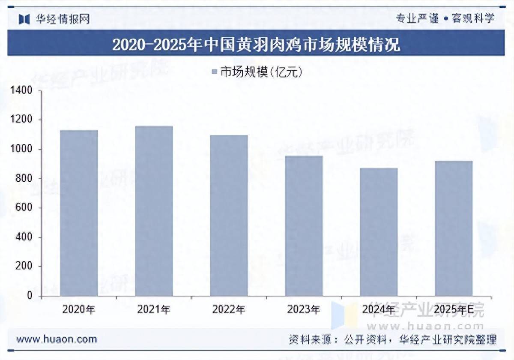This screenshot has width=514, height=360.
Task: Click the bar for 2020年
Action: (x=79, y=213)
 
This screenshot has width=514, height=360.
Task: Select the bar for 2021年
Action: (x=154, y=211)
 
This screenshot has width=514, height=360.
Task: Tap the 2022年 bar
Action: (x=229, y=216)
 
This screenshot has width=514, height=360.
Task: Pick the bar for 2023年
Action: (x=304, y=226)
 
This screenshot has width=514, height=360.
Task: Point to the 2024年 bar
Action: (x=379, y=232)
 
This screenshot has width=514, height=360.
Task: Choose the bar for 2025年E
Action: (x=454, y=228)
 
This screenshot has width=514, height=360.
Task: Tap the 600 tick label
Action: (x=25, y=208)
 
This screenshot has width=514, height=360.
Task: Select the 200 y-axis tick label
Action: (x=25, y=267)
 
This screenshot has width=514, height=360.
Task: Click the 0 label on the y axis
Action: (x=30, y=296)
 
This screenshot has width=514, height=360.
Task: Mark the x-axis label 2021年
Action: (x=154, y=309)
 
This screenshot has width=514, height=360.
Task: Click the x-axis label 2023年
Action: (x=304, y=309)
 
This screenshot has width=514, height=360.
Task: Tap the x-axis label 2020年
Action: (x=79, y=309)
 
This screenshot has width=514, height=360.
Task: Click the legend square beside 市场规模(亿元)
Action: (x=215, y=72)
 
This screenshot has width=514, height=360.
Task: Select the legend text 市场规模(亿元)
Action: (x=262, y=72)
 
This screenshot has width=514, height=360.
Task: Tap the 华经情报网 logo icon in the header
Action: (x=24, y=19)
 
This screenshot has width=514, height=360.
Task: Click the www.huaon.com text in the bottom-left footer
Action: (x=57, y=339)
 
